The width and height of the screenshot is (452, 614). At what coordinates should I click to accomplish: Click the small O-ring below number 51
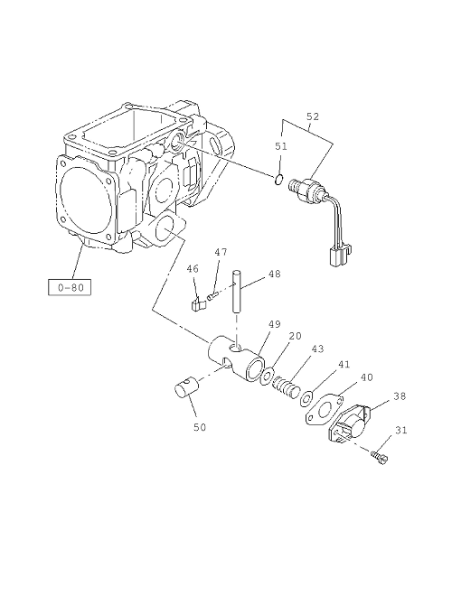[280, 176]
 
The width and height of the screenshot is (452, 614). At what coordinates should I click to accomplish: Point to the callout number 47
[221, 253]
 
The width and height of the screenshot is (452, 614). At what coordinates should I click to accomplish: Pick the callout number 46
[193, 268]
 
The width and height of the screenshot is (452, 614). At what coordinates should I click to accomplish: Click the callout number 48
[273, 274]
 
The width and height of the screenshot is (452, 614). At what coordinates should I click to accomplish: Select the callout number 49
[275, 324]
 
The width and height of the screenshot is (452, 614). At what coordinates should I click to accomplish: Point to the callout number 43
[317, 349]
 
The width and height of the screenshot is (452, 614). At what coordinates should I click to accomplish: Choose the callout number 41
[344, 365]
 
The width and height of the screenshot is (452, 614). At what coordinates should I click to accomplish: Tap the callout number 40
[366, 377]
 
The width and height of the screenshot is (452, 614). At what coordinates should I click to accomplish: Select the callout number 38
[399, 395]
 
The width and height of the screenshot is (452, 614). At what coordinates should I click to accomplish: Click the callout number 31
[400, 431]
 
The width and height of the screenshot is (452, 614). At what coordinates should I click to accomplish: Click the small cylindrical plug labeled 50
[186, 389]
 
